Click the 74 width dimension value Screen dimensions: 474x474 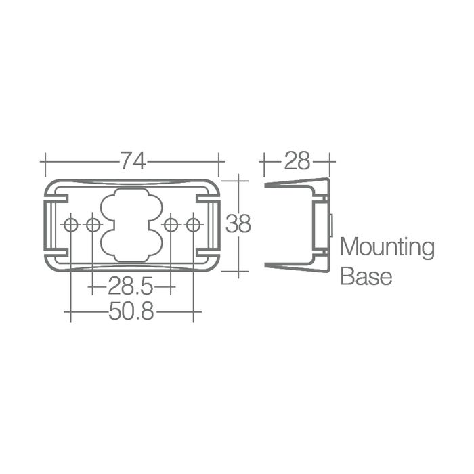pyautogui.click(x=133, y=160)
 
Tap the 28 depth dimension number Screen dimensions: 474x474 pyautogui.click(x=297, y=160)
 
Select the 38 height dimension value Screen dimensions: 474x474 pyautogui.click(x=238, y=223)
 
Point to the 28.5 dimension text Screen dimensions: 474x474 pyautogui.click(x=131, y=286)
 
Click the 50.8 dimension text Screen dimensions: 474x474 pyautogui.click(x=131, y=311)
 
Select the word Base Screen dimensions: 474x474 pyautogui.click(x=366, y=276)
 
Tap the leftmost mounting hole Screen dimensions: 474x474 pyautogui.click(x=70, y=225)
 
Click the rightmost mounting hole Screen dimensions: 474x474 pyautogui.click(x=193, y=225)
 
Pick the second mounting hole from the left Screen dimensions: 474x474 pyautogui.click(x=93, y=225)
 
